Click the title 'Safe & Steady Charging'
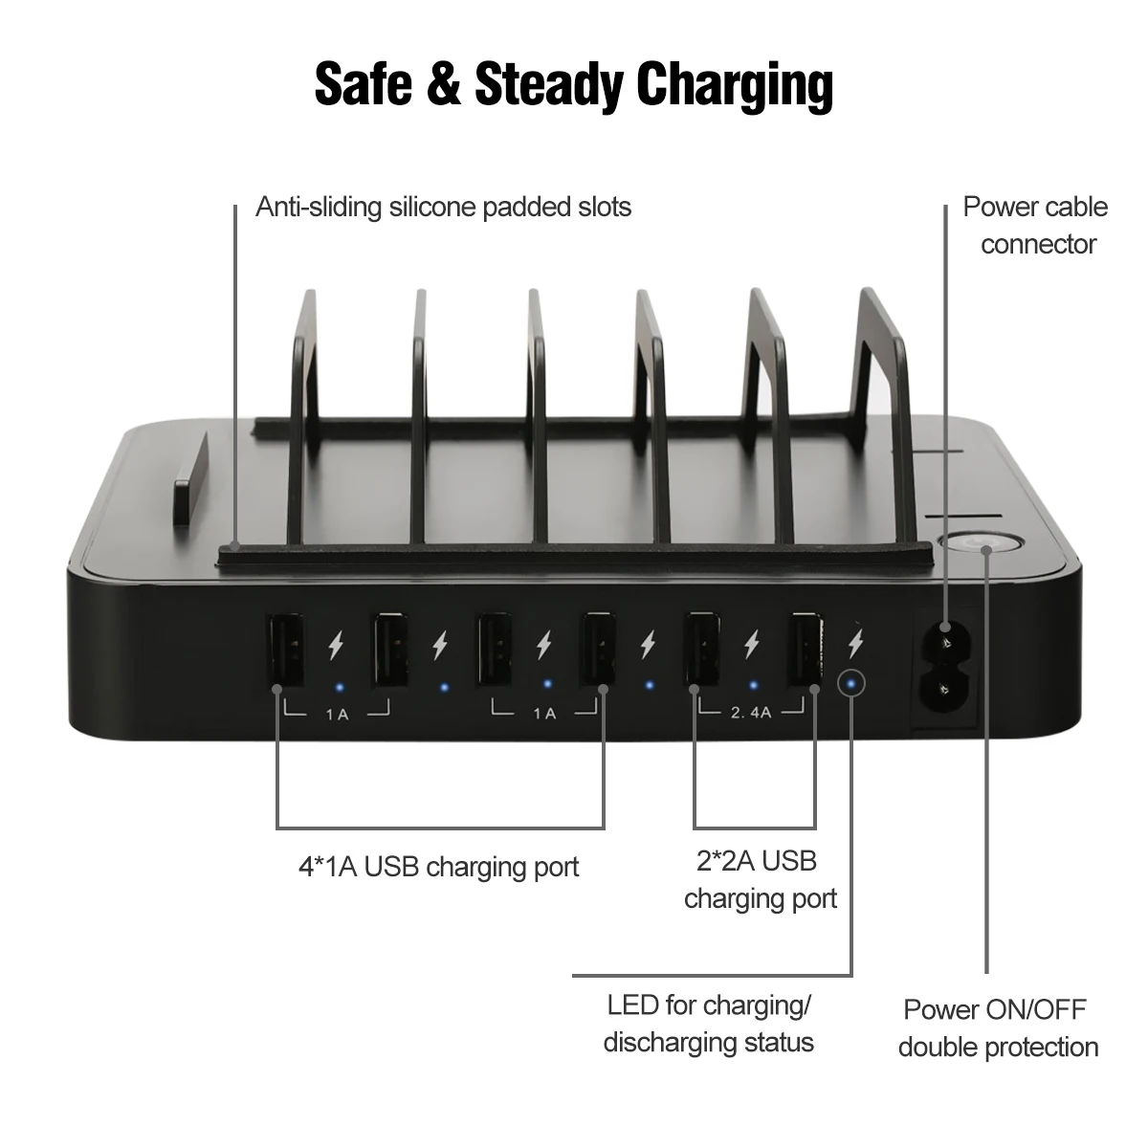point(574,84)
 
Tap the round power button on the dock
point(981,545)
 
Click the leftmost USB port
point(287,651)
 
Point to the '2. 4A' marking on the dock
point(752,712)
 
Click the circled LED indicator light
point(850,683)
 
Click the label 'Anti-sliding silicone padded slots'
point(443,207)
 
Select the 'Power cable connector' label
point(1035,226)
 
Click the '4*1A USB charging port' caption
point(438,868)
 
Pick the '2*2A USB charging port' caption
point(760,880)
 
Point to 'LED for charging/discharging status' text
point(709,1024)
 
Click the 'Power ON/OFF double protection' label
point(997,1028)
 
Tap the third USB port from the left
point(494,651)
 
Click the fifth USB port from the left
point(702,651)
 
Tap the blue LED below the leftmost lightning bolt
point(338,686)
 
